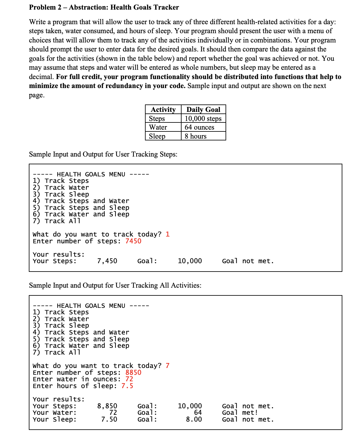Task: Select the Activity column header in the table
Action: (x=163, y=109)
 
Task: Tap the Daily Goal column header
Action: (x=203, y=109)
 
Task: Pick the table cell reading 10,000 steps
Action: (x=203, y=118)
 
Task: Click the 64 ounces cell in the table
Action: (x=199, y=127)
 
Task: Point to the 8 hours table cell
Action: (x=195, y=136)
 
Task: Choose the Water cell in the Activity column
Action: (x=158, y=127)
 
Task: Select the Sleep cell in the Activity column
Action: (x=157, y=136)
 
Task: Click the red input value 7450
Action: (x=133, y=241)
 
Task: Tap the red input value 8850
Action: (x=133, y=373)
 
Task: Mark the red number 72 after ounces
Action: (x=129, y=379)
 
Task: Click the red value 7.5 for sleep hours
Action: (x=127, y=386)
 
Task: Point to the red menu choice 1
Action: (x=168, y=234)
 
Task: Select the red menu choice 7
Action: (x=168, y=366)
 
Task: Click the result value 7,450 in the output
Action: (x=107, y=261)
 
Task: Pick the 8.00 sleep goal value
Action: (x=194, y=419)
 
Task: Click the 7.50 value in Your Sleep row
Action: (x=109, y=419)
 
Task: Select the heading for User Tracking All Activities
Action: (x=115, y=285)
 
